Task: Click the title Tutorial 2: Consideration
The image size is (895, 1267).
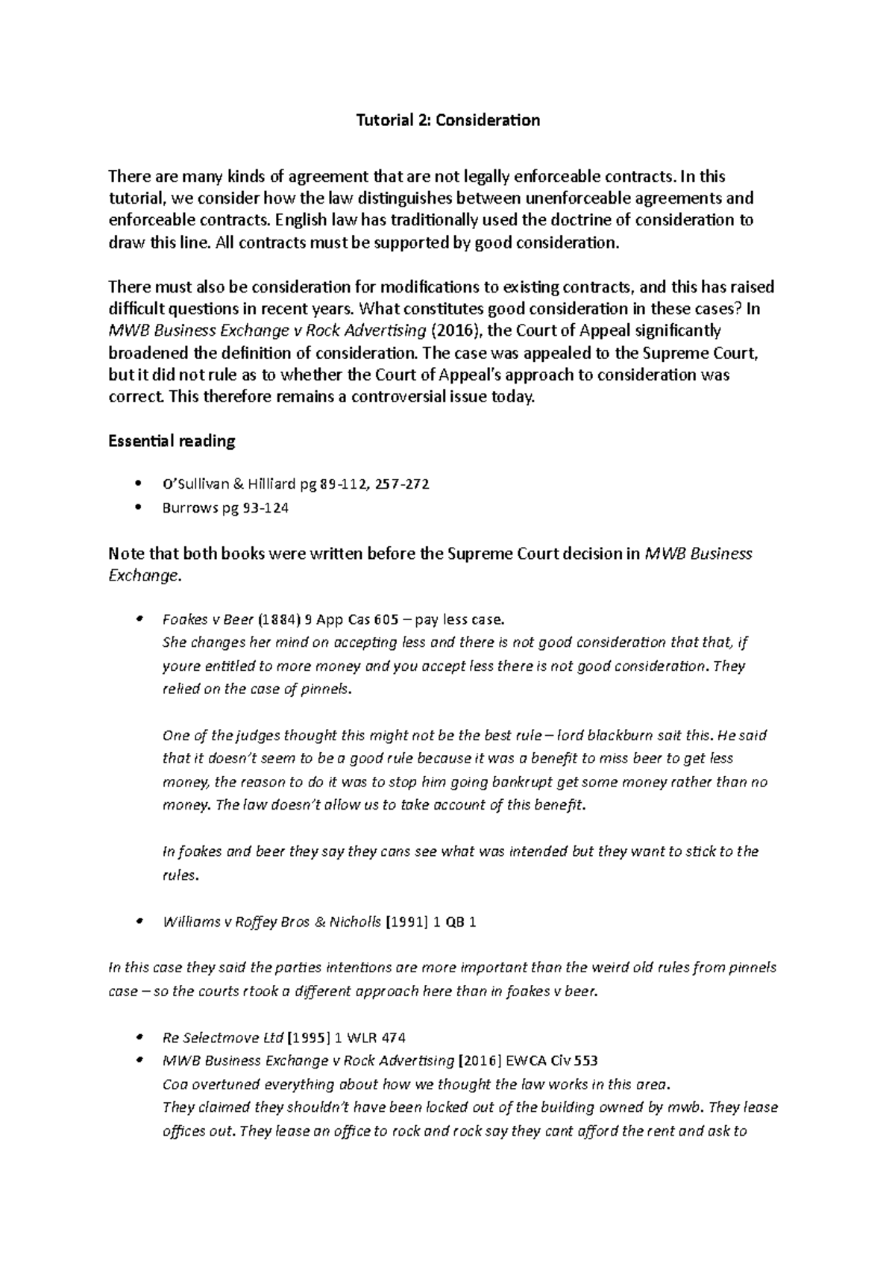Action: point(447,120)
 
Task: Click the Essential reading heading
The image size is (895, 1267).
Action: point(172,441)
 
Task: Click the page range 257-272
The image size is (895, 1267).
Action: point(402,484)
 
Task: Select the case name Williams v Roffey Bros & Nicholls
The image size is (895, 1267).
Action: point(271,922)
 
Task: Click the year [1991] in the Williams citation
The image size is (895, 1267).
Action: point(406,922)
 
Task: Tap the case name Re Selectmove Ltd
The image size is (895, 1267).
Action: point(223,1038)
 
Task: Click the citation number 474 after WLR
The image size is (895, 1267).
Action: point(393,1038)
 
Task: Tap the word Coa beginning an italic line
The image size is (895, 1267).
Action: point(174,1084)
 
